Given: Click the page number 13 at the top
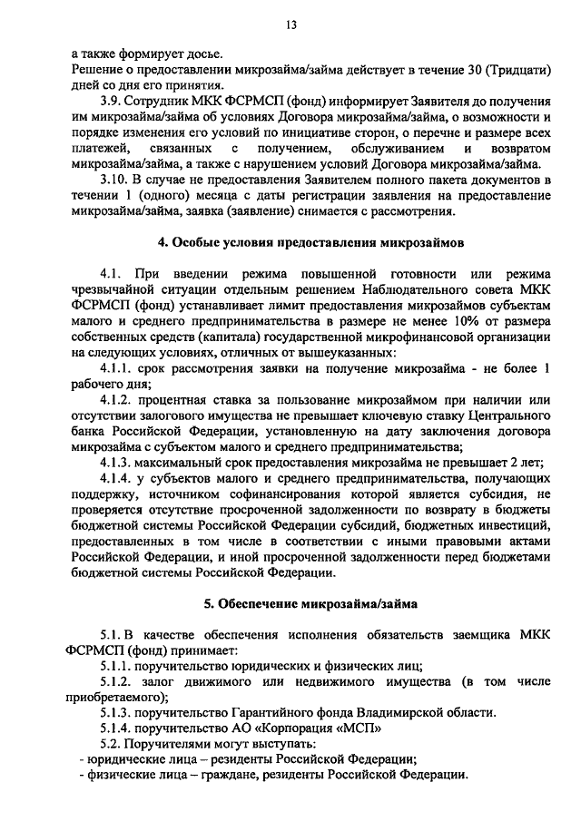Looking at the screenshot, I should pos(290,24).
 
